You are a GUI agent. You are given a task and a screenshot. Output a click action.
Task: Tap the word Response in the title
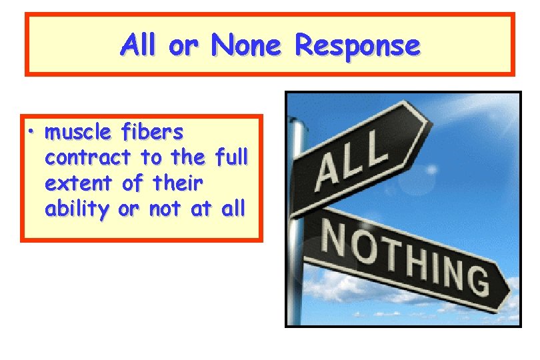(x=357, y=47)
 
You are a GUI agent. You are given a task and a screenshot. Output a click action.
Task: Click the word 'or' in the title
(x=183, y=47)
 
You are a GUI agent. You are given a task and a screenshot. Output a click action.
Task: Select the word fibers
(x=153, y=133)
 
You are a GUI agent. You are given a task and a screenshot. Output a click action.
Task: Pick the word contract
(x=88, y=158)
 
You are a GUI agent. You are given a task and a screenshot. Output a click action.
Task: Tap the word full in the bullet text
(x=231, y=158)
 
